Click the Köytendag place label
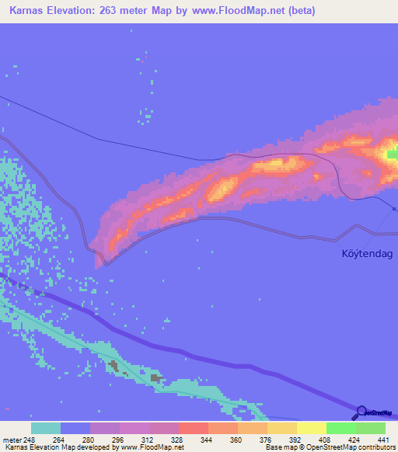(366, 254)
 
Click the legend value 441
(384, 438)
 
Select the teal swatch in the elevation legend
(46, 428)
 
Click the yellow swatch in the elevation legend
(312, 428)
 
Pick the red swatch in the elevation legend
(194, 428)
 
